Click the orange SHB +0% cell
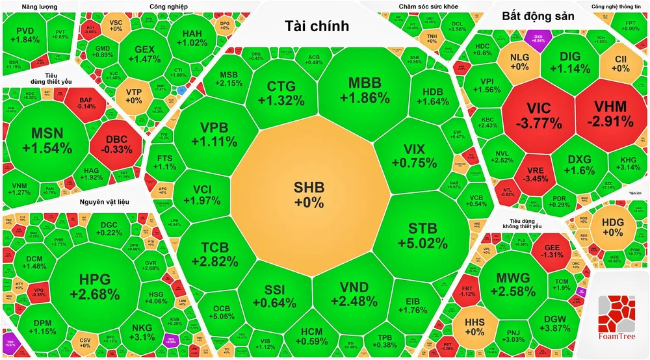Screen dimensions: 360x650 [308, 194]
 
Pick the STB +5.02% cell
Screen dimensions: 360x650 [427, 236]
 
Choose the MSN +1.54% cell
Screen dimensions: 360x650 [46, 140]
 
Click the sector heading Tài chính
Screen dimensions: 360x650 [317, 26]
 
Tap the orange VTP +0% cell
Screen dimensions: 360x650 [133, 96]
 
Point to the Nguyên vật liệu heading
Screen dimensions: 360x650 [105, 202]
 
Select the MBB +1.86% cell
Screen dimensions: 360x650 [369, 91]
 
